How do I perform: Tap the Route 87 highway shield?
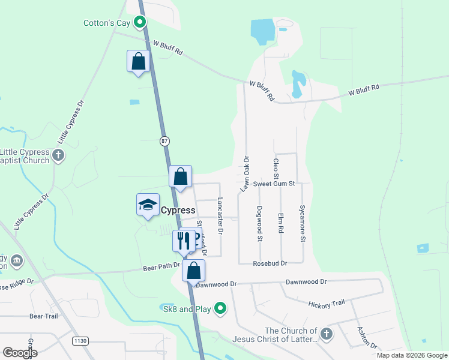pyautogui.click(x=165, y=141)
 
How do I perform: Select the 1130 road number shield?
pyautogui.click(x=80, y=341)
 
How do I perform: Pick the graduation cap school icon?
pyautogui.click(x=148, y=205)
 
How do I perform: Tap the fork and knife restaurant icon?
pyautogui.click(x=184, y=241)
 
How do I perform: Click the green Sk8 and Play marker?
pyautogui.click(x=221, y=309)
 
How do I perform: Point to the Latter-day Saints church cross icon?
pyautogui.click(x=326, y=334)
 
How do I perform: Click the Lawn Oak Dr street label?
pyautogui.click(x=244, y=174)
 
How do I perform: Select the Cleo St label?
pyautogui.click(x=276, y=169)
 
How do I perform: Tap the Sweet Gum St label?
pyautogui.click(x=274, y=184)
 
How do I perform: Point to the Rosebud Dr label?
pyautogui.click(x=270, y=263)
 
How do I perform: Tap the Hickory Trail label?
pyautogui.click(x=327, y=304)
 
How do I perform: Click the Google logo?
pyautogui.click(x=20, y=353)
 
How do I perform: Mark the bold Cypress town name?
pyautogui.click(x=178, y=211)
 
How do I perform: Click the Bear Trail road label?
pyautogui.click(x=43, y=316)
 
